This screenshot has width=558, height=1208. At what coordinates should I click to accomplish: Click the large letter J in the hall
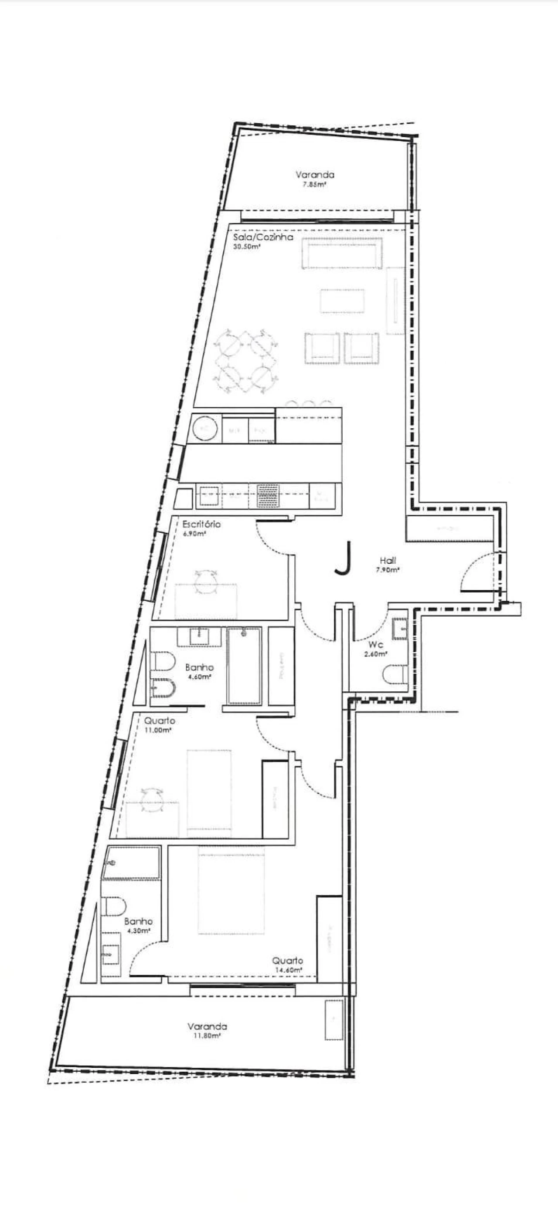(x=344, y=558)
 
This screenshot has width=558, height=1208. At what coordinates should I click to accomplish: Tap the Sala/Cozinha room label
(x=263, y=237)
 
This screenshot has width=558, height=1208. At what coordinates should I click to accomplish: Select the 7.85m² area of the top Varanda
(x=314, y=185)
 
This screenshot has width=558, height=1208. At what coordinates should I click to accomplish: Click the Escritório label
(x=201, y=524)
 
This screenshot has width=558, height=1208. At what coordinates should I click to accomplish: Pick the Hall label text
(x=388, y=560)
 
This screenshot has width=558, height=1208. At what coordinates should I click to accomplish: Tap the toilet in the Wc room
(x=395, y=675)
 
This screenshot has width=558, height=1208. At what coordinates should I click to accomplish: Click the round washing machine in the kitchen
(x=204, y=427)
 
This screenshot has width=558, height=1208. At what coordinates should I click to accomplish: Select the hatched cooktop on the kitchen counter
(x=268, y=495)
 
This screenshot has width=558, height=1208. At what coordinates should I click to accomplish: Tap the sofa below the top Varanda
(x=342, y=253)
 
